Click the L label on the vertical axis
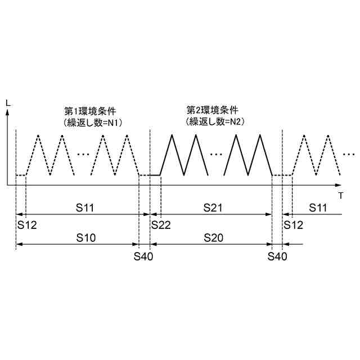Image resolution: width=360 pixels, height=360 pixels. tap(7, 102)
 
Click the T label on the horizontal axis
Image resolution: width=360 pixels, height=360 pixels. tap(341, 196)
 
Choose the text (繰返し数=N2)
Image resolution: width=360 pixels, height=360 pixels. tap(213, 121)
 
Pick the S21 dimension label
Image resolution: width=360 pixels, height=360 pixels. tap(214, 208)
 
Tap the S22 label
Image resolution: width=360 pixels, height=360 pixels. tap(161, 224)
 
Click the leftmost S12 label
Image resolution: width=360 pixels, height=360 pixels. tap(26, 224)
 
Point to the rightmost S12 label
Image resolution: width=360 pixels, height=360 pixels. tap(294, 224)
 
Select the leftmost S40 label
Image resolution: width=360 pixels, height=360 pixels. tap(144, 256)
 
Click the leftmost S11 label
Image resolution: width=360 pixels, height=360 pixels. tap(86, 208)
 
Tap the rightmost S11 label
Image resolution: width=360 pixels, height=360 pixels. tap(318, 208)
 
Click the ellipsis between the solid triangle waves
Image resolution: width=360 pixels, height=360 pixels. tap(216, 154)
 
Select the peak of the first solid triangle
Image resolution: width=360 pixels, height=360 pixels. tap(175, 135)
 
